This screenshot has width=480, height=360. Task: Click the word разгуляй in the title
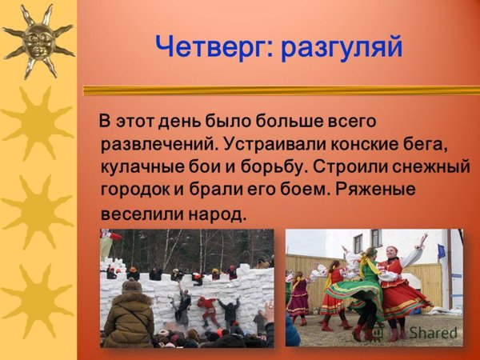coord(342,48)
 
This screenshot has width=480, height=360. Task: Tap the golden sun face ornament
coord(38,42)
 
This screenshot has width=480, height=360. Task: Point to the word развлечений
coord(158,144)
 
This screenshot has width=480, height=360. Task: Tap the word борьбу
coord(270,167)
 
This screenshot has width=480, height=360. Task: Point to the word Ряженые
coord(375,190)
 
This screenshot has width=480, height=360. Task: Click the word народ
coord(217,214)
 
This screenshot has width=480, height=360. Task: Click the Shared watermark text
coord(433,333)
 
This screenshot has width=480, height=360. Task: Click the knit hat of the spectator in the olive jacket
coord(132,286)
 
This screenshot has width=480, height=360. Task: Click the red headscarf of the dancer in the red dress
coord(391,249)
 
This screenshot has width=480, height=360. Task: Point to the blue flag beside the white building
coord(442,251)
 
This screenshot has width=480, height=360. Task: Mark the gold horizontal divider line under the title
coord(282,90)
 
